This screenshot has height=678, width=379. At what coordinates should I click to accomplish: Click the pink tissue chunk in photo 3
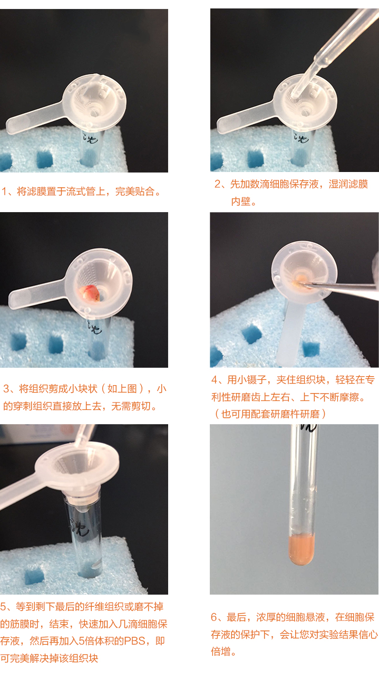pyautogui.click(x=90, y=293)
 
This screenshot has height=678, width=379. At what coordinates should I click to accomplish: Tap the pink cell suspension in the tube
pyautogui.click(x=302, y=550)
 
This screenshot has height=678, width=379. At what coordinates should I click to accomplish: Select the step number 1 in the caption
pyautogui.click(x=4, y=192)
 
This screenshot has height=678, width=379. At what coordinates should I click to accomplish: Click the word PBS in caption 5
pyautogui.click(x=134, y=641)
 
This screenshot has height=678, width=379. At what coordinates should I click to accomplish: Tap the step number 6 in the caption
pyautogui.click(x=214, y=617)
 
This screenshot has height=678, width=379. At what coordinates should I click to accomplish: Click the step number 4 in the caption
pyautogui.click(x=214, y=379)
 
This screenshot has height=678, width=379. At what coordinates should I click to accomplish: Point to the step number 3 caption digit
pyautogui.click(x=6, y=389)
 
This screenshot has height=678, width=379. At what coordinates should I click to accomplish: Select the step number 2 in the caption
pyautogui.click(x=218, y=184)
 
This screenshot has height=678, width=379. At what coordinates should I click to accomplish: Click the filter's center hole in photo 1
pyautogui.click(x=94, y=113)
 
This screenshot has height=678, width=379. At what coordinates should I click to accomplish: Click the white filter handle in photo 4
pyautogui.click(x=289, y=333)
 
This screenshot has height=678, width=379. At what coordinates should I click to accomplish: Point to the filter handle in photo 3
pyautogui.click(x=37, y=293)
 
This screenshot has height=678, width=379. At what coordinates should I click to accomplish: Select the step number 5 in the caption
pyautogui.click(x=3, y=606)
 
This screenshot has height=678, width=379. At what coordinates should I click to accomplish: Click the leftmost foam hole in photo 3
pyautogui.click(x=18, y=342)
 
